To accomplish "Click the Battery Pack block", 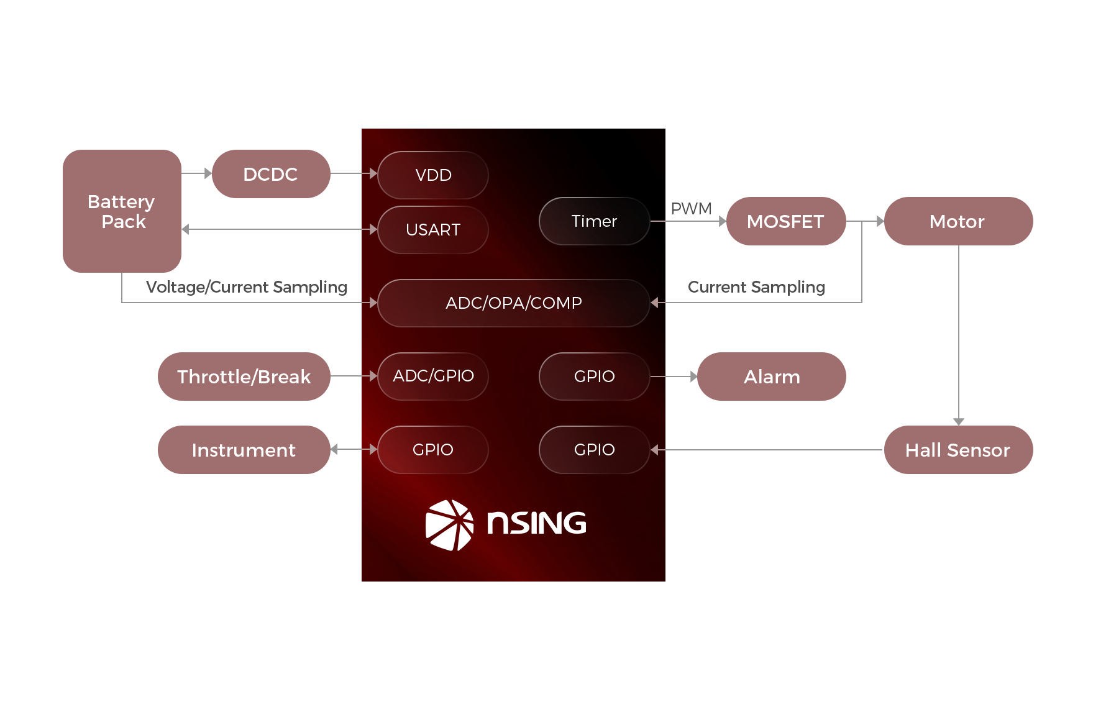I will click(122, 211).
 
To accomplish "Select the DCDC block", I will click(271, 174).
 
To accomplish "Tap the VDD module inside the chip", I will click(433, 175).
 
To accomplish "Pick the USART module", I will click(433, 230).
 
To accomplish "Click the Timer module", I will click(594, 221).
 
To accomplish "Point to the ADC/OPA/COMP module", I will click(513, 303).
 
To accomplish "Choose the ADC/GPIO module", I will click(433, 376).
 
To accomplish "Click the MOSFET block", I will click(785, 221).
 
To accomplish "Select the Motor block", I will click(957, 221).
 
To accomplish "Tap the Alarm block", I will click(772, 377).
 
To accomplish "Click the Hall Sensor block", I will click(957, 450).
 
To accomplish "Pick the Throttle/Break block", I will click(244, 377).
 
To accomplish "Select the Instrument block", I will click(244, 450).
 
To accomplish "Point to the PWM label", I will click(691, 209).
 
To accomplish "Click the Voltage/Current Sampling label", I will click(246, 287).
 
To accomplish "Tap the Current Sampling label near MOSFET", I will click(756, 287).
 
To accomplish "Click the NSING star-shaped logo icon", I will click(449, 525).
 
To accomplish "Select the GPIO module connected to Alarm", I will click(594, 377).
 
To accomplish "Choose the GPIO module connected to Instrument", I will click(433, 450).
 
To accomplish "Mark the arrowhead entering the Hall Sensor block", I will click(959, 422).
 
